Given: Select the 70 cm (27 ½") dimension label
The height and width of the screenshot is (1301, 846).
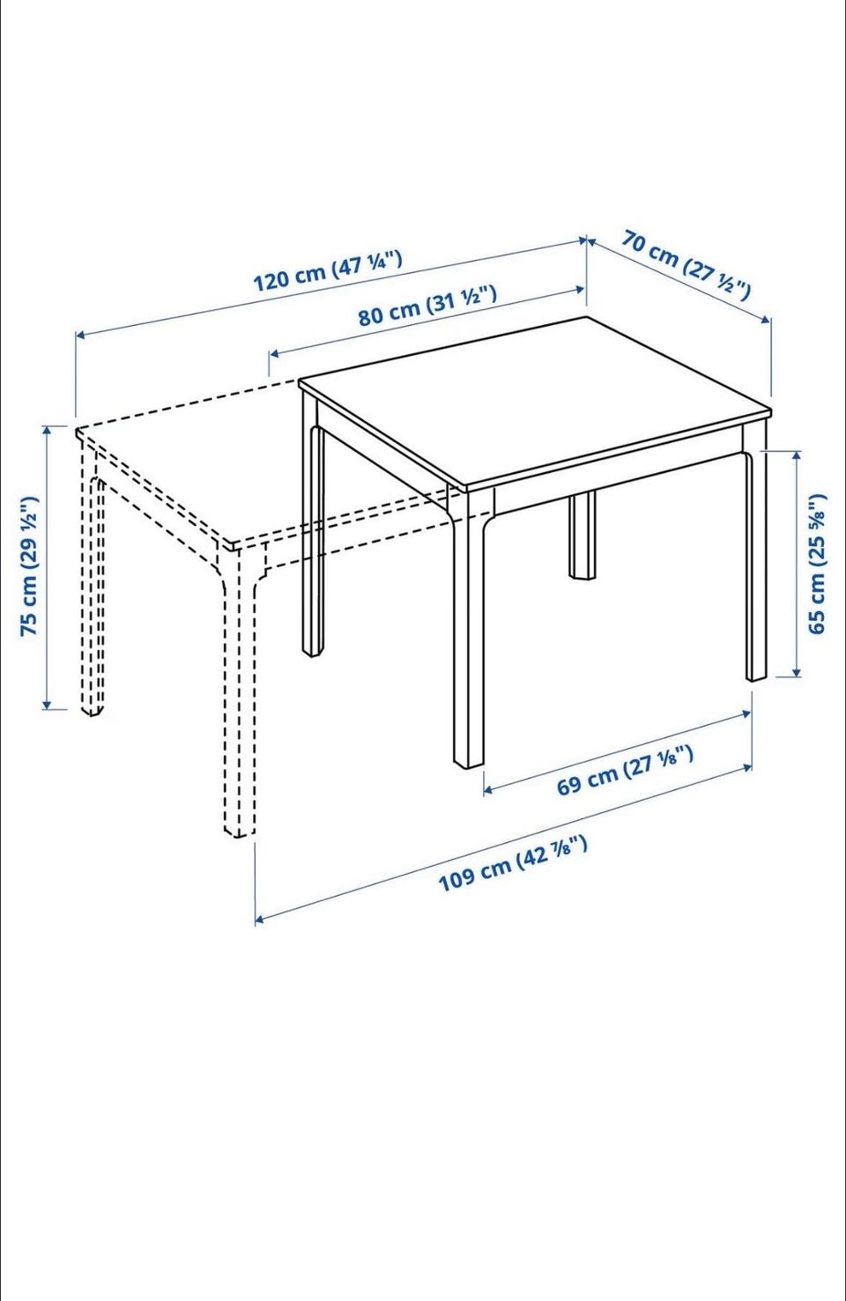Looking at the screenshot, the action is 686,265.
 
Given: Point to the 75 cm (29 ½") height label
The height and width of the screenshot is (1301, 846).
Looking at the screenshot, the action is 30,565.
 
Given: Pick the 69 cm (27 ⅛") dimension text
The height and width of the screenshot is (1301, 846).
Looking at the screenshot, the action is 625,770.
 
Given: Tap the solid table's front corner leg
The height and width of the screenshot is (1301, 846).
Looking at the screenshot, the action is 468,633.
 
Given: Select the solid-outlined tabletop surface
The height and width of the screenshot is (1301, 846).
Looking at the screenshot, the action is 535,402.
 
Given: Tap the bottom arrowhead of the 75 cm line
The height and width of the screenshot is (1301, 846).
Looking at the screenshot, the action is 48,704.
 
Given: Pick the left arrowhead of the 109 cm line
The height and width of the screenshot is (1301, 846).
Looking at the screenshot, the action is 261,920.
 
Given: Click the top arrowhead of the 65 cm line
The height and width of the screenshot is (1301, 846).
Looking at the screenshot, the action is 797,456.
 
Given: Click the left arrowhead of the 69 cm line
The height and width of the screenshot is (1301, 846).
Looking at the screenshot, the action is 489,788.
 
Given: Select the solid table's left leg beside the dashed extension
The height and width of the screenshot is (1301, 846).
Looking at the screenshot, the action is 313,522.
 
